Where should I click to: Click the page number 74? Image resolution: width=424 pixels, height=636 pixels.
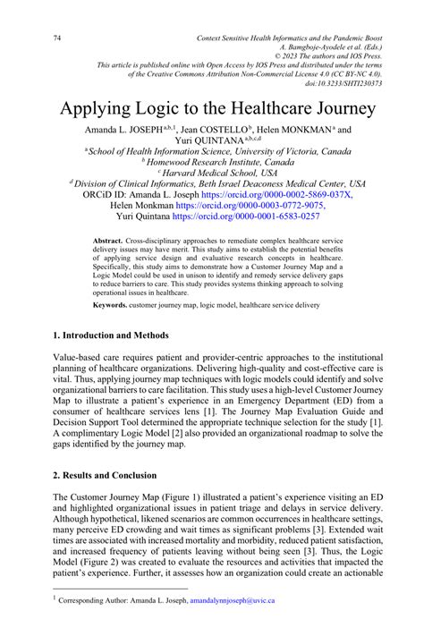pyautogui.click(x=59, y=38)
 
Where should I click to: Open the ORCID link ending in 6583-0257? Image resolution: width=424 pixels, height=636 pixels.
pyautogui.click(x=258, y=216)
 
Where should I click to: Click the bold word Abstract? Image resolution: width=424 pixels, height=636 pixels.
pyautogui.click(x=108, y=242)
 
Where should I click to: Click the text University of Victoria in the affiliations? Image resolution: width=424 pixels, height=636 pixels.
pyautogui.click(x=265, y=151)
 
